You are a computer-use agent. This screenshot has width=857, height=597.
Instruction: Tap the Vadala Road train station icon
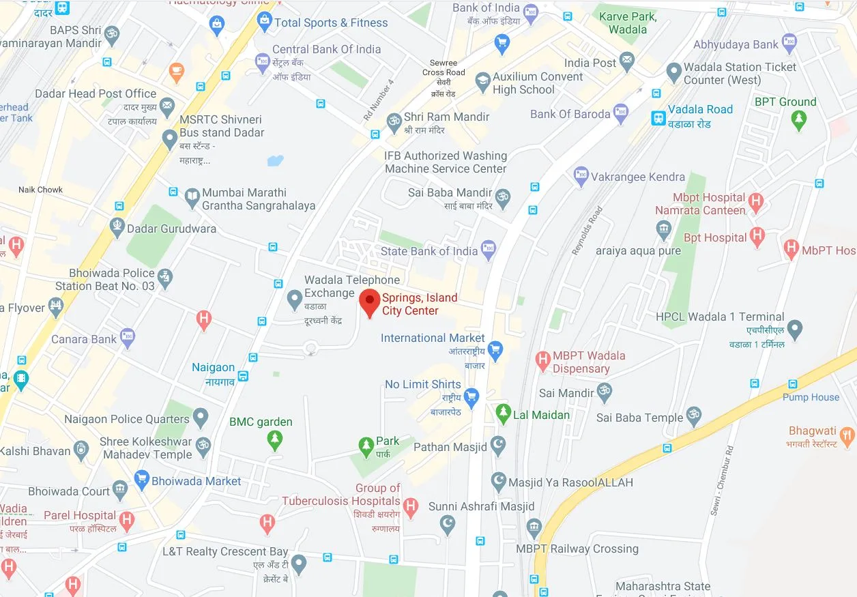(658, 117)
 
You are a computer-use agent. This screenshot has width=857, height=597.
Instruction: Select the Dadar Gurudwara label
(171, 229)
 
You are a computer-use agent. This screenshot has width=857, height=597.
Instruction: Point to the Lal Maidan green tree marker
(503, 413)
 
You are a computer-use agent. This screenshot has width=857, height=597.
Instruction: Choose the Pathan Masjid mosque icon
(498, 447)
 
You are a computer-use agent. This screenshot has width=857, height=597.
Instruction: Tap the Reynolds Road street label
(586, 231)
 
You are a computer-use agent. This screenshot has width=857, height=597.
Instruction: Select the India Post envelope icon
(627, 62)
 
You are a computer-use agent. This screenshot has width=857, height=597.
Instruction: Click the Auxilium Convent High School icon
(482, 83)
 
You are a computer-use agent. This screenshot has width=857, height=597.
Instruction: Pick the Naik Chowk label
(41, 190)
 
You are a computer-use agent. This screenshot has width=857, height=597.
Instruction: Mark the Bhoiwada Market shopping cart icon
(141, 480)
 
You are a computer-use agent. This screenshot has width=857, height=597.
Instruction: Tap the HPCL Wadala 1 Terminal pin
(794, 330)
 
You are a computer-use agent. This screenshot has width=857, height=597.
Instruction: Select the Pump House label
(811, 397)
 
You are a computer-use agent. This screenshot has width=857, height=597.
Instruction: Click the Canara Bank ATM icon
(127, 337)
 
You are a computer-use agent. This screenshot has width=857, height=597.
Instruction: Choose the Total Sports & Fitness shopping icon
(264, 23)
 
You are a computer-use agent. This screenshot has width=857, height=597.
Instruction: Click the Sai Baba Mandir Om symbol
(503, 196)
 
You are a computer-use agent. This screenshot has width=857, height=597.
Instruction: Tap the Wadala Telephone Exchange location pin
(294, 298)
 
